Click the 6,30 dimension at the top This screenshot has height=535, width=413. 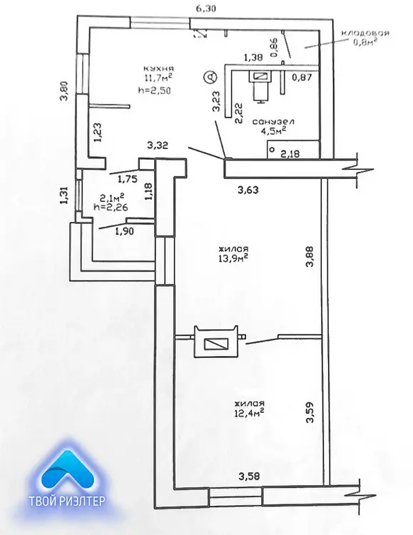point(206,8)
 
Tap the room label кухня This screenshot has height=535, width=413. point(159,68)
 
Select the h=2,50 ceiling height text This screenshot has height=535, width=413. point(153,91)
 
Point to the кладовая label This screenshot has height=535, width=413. point(365,33)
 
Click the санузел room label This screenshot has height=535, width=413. point(273,121)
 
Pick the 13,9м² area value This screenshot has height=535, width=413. point(233,258)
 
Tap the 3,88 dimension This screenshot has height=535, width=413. point(310,256)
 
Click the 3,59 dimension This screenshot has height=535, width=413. point(310,412)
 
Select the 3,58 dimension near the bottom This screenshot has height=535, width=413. point(249,476)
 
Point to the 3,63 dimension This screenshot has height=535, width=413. point(248,189)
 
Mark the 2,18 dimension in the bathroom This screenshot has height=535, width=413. point(290,153)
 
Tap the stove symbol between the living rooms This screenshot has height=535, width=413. point(215,342)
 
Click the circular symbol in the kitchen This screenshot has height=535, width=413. point(210,77)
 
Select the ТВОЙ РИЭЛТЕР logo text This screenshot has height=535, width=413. point(67,501)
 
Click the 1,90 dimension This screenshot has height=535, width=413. point(125,231)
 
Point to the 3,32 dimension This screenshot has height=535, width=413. point(158,146)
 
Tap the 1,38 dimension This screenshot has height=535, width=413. point(253,58)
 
